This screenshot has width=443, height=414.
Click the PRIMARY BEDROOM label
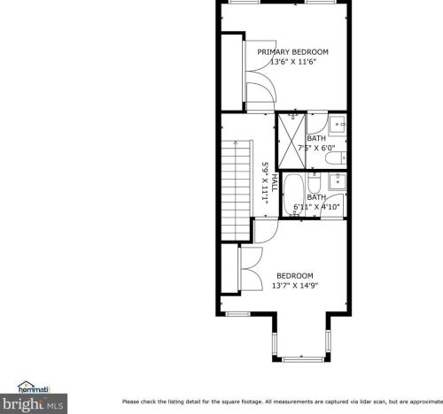coord(292,52)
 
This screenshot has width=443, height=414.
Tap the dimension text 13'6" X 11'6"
coord(293,62)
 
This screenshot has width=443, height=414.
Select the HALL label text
coord(275,183)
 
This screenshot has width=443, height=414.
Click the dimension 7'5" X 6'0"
coord(316,148)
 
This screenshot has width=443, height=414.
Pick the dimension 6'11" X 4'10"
coord(316,207)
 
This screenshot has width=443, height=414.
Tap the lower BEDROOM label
coord(295,276)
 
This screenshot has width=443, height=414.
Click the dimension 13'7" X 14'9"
coord(295,286)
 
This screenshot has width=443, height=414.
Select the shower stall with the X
coord(291,141)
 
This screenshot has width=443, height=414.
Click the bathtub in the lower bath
coord(293,195)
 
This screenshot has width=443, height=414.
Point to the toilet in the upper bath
coord(336,158)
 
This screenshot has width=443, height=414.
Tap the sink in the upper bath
coord(338,125)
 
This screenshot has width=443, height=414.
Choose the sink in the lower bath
coord(338,181)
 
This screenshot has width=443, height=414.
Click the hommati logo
coord(33,387)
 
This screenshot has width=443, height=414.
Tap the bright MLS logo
coord(33,403)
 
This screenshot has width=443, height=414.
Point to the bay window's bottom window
coord(302,359)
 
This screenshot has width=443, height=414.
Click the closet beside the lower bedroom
coord(229,268)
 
